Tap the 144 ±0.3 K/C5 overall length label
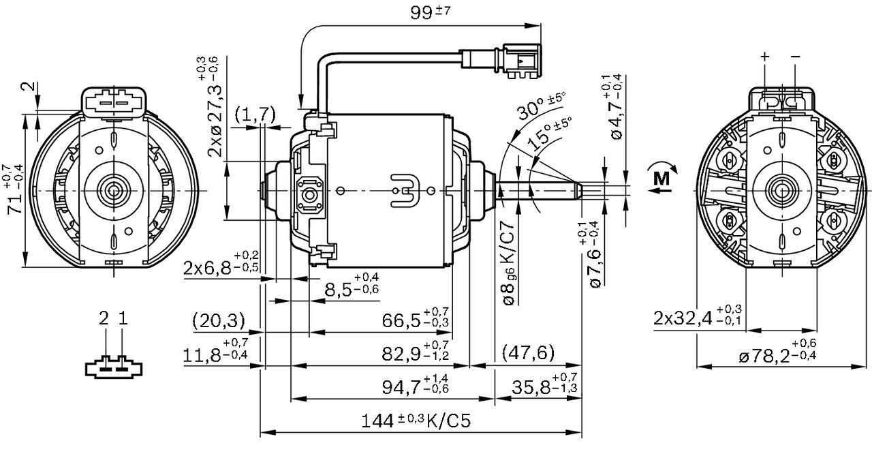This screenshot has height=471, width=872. coord(416,421)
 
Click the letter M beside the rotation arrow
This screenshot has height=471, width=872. coord(661,179)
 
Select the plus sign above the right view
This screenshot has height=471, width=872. coord(764,57)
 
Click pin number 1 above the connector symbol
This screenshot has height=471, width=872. coord(123,318)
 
